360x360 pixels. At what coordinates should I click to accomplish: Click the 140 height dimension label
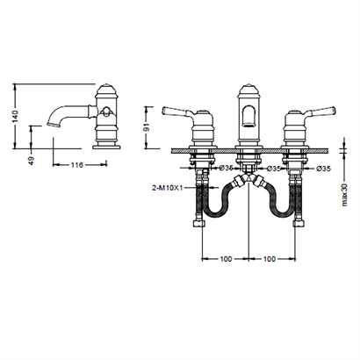pyautogui.click(x=16, y=117)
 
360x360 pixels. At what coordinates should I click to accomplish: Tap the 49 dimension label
pyautogui.click(x=32, y=160)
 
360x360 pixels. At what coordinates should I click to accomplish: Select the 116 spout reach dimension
pyautogui.click(x=77, y=165)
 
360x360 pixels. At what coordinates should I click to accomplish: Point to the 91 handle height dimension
pyautogui.click(x=148, y=126)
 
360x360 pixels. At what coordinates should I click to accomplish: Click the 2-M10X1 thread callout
pyautogui.click(x=167, y=188)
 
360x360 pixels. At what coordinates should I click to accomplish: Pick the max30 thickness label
pyautogui.click(x=344, y=195)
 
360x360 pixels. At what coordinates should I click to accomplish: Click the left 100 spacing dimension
pyautogui.click(x=226, y=259)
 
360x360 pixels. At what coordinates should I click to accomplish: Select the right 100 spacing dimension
pyautogui.click(x=270, y=259)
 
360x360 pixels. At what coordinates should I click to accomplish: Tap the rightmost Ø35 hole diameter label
pyautogui.click(x=323, y=169)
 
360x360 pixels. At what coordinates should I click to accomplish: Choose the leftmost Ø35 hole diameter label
pyautogui.click(x=226, y=168)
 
